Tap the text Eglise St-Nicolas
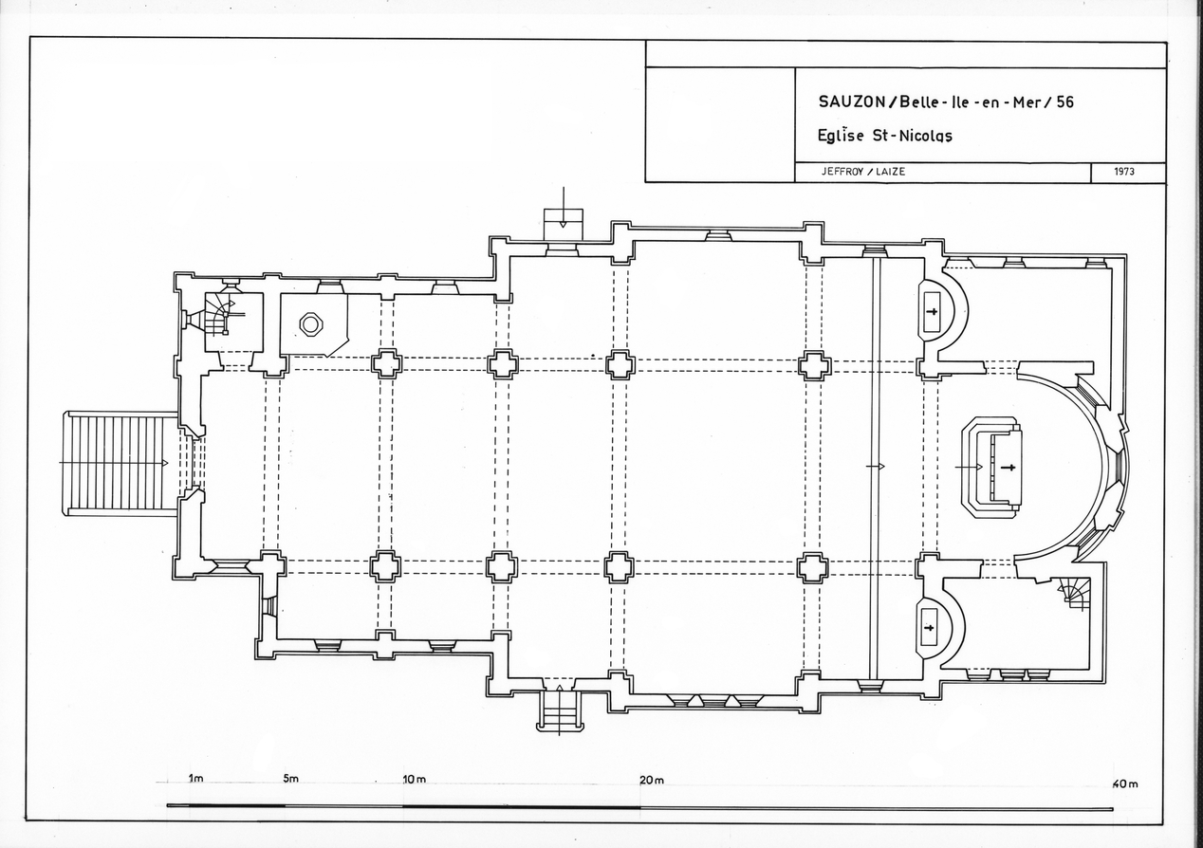tap(884, 135)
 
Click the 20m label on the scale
tap(651, 780)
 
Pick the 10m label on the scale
tap(414, 780)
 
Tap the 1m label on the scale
tap(195, 780)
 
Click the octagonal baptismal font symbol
tap(311, 323)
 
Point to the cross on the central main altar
tap(1008, 467)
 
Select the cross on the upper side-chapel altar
tap(932, 312)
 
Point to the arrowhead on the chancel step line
tap(881, 467)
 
